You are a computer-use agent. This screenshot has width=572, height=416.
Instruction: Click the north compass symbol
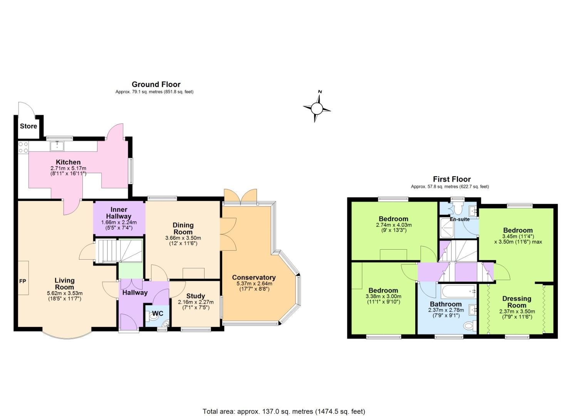pos(317,107)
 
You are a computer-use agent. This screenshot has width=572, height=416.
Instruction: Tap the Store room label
pos(29,126)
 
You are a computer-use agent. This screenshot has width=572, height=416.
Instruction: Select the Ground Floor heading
pos(156,84)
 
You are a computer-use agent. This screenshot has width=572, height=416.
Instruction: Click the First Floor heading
pos(452,179)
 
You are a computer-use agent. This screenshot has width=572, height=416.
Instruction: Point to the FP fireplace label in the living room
pos(23,281)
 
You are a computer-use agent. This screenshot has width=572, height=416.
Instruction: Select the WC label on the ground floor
pos(158,313)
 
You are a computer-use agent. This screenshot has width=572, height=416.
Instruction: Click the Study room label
pos(196,296)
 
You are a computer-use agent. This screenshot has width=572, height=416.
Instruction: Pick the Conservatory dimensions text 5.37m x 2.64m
pos(254,283)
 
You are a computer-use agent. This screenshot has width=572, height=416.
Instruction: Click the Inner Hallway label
pos(119,213)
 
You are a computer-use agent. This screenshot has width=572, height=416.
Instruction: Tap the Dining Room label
pos(183,228)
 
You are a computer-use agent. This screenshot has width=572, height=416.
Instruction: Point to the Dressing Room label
pos(517,302)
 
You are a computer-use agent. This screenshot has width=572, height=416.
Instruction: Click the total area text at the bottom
pos(284,411)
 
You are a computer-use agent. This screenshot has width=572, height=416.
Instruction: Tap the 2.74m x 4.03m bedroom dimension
pos(394,225)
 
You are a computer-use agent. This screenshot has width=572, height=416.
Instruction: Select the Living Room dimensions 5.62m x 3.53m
pos(64,293)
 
